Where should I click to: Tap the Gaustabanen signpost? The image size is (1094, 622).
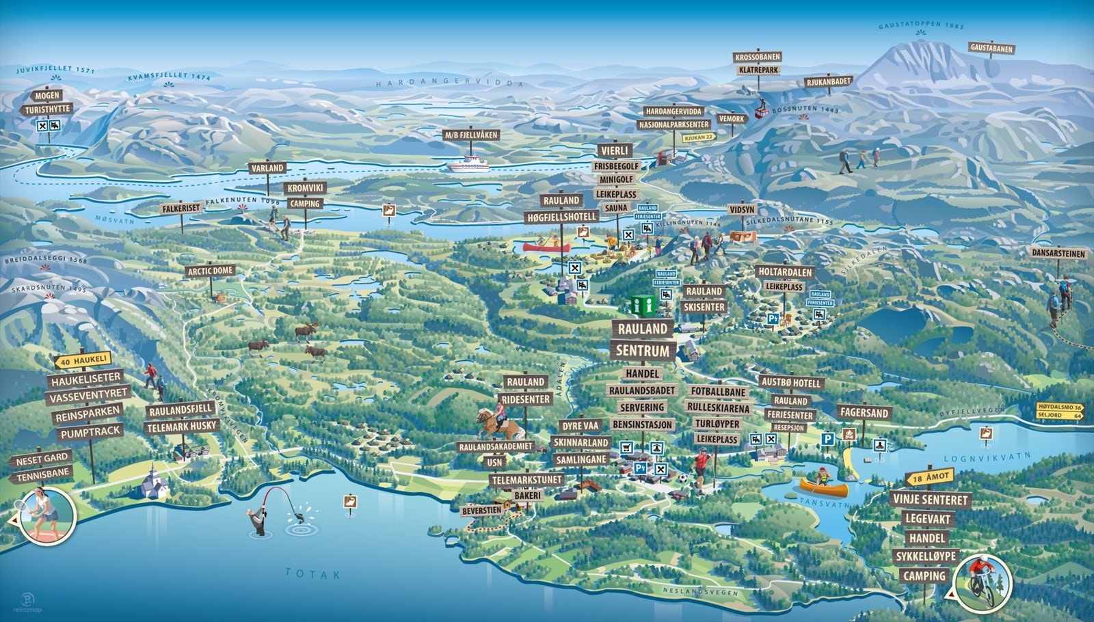click(991, 49)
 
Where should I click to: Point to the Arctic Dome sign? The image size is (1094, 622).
click(211, 271)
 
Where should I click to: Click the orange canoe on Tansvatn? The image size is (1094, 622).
click(823, 487)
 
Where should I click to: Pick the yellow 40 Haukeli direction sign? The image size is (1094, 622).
click(83, 360)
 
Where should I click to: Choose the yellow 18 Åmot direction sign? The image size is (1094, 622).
click(929, 477)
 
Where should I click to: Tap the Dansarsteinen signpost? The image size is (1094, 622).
click(1058, 254)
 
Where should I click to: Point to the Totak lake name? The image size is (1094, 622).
click(312, 573)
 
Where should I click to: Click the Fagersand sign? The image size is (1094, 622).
click(864, 413)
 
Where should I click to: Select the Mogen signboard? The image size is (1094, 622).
click(47, 95)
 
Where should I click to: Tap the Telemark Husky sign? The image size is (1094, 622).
click(181, 426)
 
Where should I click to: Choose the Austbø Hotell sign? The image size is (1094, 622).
click(790, 383)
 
